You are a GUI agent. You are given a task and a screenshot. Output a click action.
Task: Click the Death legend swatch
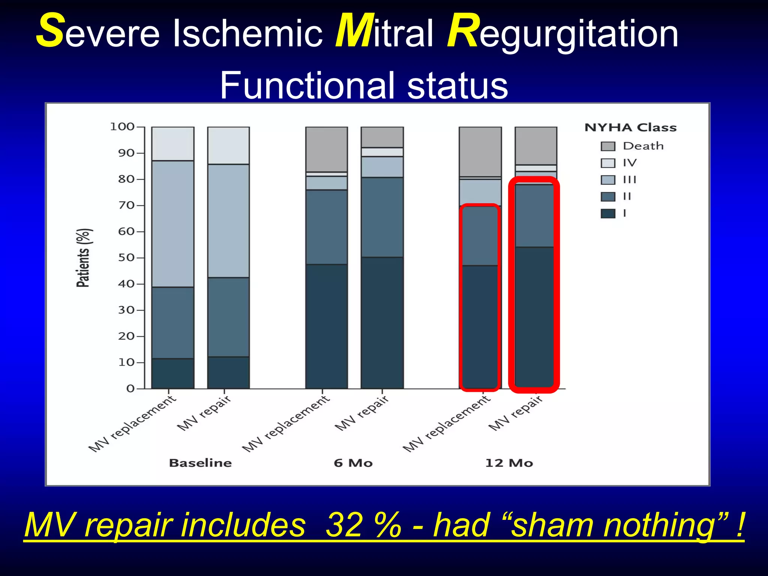click(608, 146)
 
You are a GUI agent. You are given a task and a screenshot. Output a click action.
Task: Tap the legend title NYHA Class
click(630, 127)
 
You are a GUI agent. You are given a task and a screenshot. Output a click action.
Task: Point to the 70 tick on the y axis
click(126, 205)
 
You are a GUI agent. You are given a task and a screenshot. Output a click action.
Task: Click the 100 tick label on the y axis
click(122, 127)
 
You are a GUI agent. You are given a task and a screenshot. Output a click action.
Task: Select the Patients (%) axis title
click(83, 258)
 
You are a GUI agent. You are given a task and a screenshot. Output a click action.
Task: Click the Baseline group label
click(200, 463)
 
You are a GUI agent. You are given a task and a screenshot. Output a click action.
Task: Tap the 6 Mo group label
click(353, 463)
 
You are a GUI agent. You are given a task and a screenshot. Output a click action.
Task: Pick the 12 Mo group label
click(509, 463)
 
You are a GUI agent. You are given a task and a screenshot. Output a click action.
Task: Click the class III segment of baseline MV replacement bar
click(173, 224)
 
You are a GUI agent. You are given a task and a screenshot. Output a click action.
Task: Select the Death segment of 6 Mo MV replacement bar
click(326, 149)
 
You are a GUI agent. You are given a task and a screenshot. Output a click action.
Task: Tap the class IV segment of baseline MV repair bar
click(228, 145)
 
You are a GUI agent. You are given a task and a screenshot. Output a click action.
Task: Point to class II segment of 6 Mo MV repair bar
click(382, 217)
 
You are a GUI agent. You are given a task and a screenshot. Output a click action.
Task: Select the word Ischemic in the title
click(247, 34)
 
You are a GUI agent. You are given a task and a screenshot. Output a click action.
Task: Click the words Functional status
click(364, 85)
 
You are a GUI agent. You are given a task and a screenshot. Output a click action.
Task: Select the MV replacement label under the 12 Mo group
click(446, 424)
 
